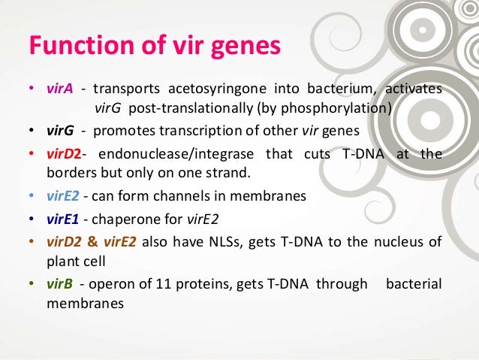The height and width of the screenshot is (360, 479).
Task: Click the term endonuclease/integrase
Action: (175, 154)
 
